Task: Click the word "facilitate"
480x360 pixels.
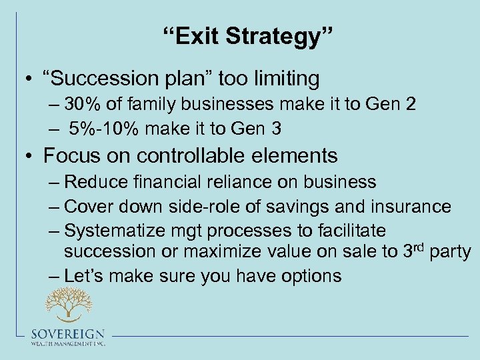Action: click(349, 231)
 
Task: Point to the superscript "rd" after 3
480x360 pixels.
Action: click(420, 247)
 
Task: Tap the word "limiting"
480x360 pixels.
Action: click(283, 79)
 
